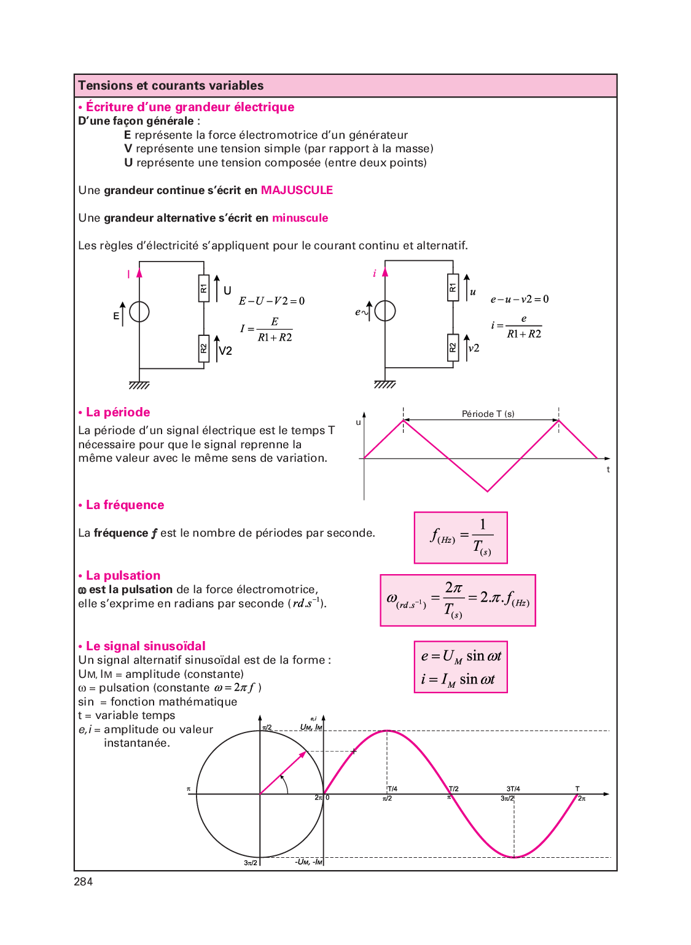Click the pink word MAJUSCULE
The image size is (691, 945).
(297, 190)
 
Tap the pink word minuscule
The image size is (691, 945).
(300, 218)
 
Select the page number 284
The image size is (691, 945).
(84, 882)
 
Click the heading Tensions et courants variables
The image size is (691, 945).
(171, 86)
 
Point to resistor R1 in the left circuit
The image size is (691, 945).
(204, 288)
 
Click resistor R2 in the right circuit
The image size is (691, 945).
(453, 348)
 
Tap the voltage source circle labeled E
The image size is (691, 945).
(139, 312)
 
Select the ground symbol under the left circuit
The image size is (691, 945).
(139, 385)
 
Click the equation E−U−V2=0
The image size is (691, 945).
(271, 301)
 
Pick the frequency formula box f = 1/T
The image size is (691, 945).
(461, 538)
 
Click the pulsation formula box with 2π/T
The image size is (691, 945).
(458, 601)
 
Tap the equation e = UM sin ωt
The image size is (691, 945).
(461, 656)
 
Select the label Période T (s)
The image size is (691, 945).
(488, 414)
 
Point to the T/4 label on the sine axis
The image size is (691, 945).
(392, 789)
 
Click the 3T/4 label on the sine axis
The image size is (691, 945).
(513, 789)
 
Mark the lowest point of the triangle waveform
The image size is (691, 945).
(488, 491)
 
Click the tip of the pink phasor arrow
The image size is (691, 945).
(305, 752)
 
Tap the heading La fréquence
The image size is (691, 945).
(125, 505)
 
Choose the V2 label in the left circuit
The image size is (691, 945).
(225, 351)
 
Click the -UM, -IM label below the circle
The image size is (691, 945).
(308, 862)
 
